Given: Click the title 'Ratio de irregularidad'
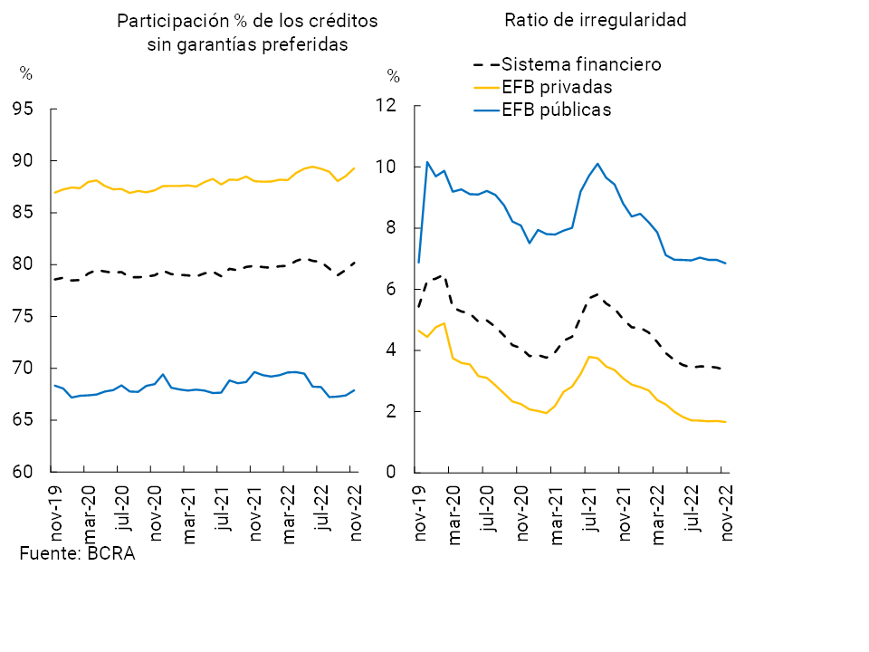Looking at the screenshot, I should pyautogui.click(x=596, y=21).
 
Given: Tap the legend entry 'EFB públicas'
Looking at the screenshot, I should pyautogui.click(x=557, y=110).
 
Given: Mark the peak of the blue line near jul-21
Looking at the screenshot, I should pyautogui.click(x=597, y=164).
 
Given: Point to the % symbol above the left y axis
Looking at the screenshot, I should pyautogui.click(x=25, y=74).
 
